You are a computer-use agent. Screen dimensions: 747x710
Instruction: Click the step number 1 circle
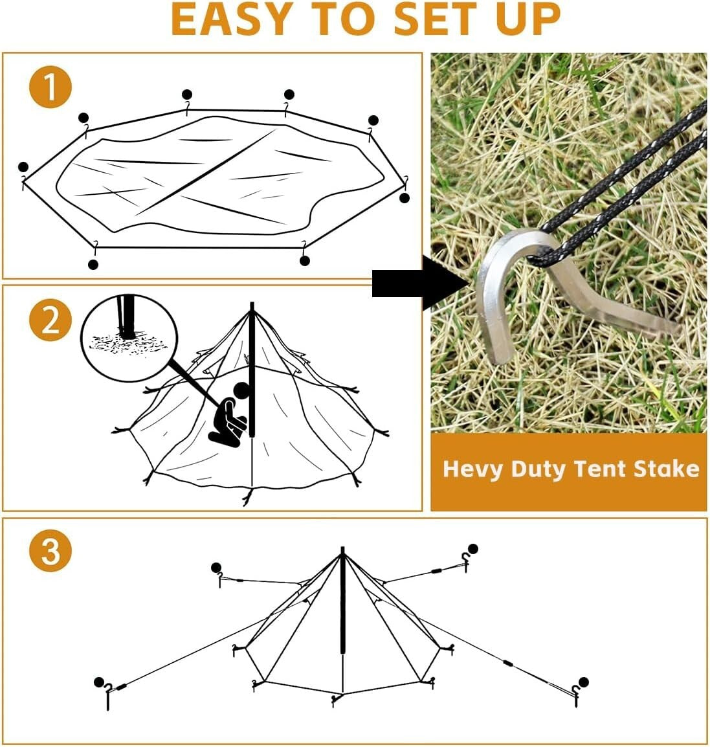point(50,89)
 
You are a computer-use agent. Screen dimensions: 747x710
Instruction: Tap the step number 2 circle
point(50,319)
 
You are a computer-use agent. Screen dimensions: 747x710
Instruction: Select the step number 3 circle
point(50,551)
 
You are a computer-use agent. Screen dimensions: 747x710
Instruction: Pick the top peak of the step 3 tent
point(343,552)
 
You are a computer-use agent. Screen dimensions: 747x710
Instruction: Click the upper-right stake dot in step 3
point(473,549)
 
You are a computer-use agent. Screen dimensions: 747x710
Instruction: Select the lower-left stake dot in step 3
point(99,682)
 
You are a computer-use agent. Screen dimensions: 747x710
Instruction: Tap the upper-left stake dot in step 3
point(216,568)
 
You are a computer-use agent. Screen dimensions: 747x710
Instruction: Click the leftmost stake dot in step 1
point(24,167)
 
